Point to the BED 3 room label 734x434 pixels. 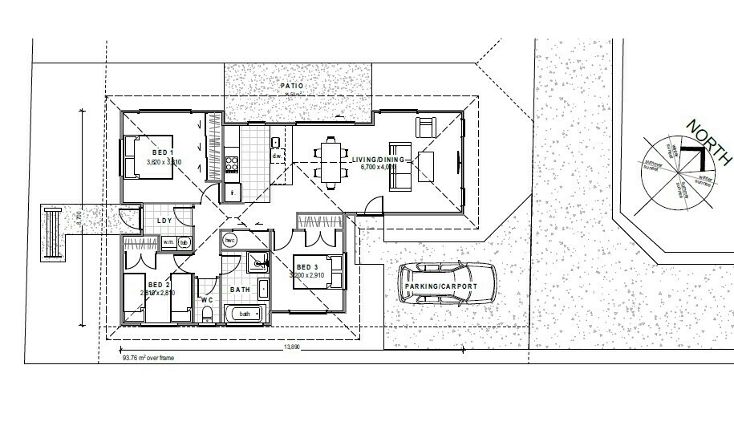(308, 267)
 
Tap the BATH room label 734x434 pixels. (241, 290)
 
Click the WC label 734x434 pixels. (206, 300)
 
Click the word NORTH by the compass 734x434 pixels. (708, 141)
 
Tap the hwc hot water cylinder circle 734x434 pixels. (229, 240)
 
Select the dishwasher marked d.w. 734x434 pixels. (276, 156)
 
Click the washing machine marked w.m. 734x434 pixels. (169, 241)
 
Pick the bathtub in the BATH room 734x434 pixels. (245, 314)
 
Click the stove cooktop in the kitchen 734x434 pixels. (233, 164)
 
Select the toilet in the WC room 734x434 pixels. (207, 317)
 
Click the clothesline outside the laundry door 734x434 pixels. (53, 233)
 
